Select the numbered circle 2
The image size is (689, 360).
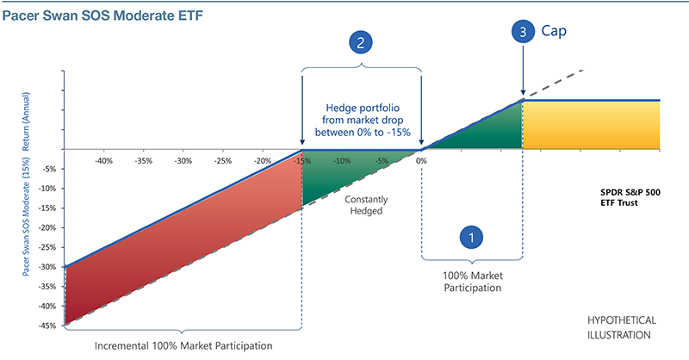362,41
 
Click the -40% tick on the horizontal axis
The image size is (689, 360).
103,161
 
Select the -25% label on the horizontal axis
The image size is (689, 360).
222,161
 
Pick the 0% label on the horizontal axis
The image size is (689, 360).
422,161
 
